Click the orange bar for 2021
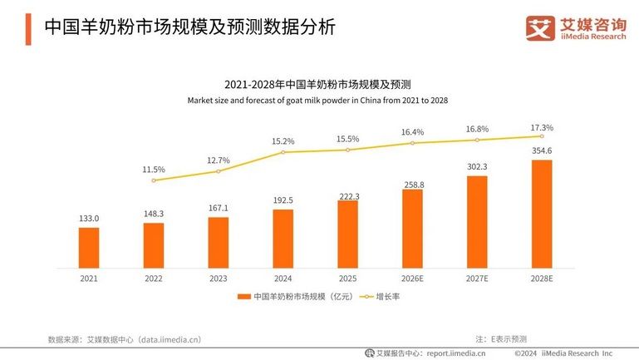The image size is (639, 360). pyautogui.click(x=89, y=248)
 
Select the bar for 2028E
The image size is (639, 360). pyautogui.click(x=542, y=214)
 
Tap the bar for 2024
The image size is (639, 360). pyautogui.click(x=283, y=239)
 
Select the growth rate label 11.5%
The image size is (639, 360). pyautogui.click(x=154, y=169)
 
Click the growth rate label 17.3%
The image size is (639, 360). pyautogui.click(x=542, y=128)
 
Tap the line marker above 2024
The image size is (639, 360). pyautogui.click(x=283, y=152)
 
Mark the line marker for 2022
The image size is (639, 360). pyautogui.click(x=154, y=180)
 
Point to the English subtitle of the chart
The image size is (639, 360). pyautogui.click(x=317, y=101)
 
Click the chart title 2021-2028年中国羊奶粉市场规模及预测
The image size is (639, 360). pyautogui.click(x=318, y=85)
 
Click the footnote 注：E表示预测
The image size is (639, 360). pyautogui.click(x=501, y=338)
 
